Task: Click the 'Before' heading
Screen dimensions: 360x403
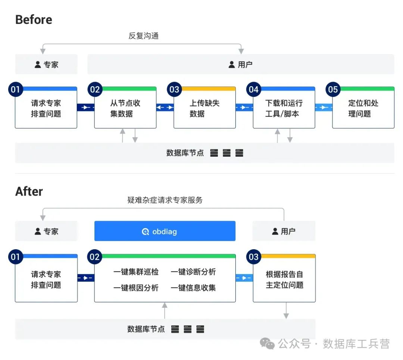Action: click(34, 20)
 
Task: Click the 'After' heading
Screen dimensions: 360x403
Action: click(29, 191)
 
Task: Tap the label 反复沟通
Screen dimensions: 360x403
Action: click(144, 36)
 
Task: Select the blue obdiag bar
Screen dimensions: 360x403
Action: click(165, 231)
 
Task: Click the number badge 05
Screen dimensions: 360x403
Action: click(332, 90)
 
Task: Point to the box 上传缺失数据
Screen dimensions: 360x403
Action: click(204, 109)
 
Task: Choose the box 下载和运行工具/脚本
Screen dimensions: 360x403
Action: click(284, 109)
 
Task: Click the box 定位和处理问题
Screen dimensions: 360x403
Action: click(363, 109)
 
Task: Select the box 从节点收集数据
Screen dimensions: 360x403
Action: click(125, 109)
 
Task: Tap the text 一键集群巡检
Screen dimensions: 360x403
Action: click(136, 272)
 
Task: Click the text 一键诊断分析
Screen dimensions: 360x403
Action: click(193, 272)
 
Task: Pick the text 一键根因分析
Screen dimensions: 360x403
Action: click(136, 288)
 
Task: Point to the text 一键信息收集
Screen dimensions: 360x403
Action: click(193, 288)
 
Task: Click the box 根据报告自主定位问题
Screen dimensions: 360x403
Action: click(284, 280)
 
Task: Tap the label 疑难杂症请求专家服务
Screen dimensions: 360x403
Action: click(165, 200)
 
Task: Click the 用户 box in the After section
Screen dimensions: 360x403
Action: click(284, 231)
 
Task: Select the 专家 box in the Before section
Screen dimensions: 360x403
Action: click(46, 65)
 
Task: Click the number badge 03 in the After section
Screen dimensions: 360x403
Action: click(253, 257)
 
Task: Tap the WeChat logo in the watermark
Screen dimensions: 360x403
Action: click(267, 343)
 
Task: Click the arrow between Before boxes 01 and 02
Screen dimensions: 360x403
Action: click(85, 107)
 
